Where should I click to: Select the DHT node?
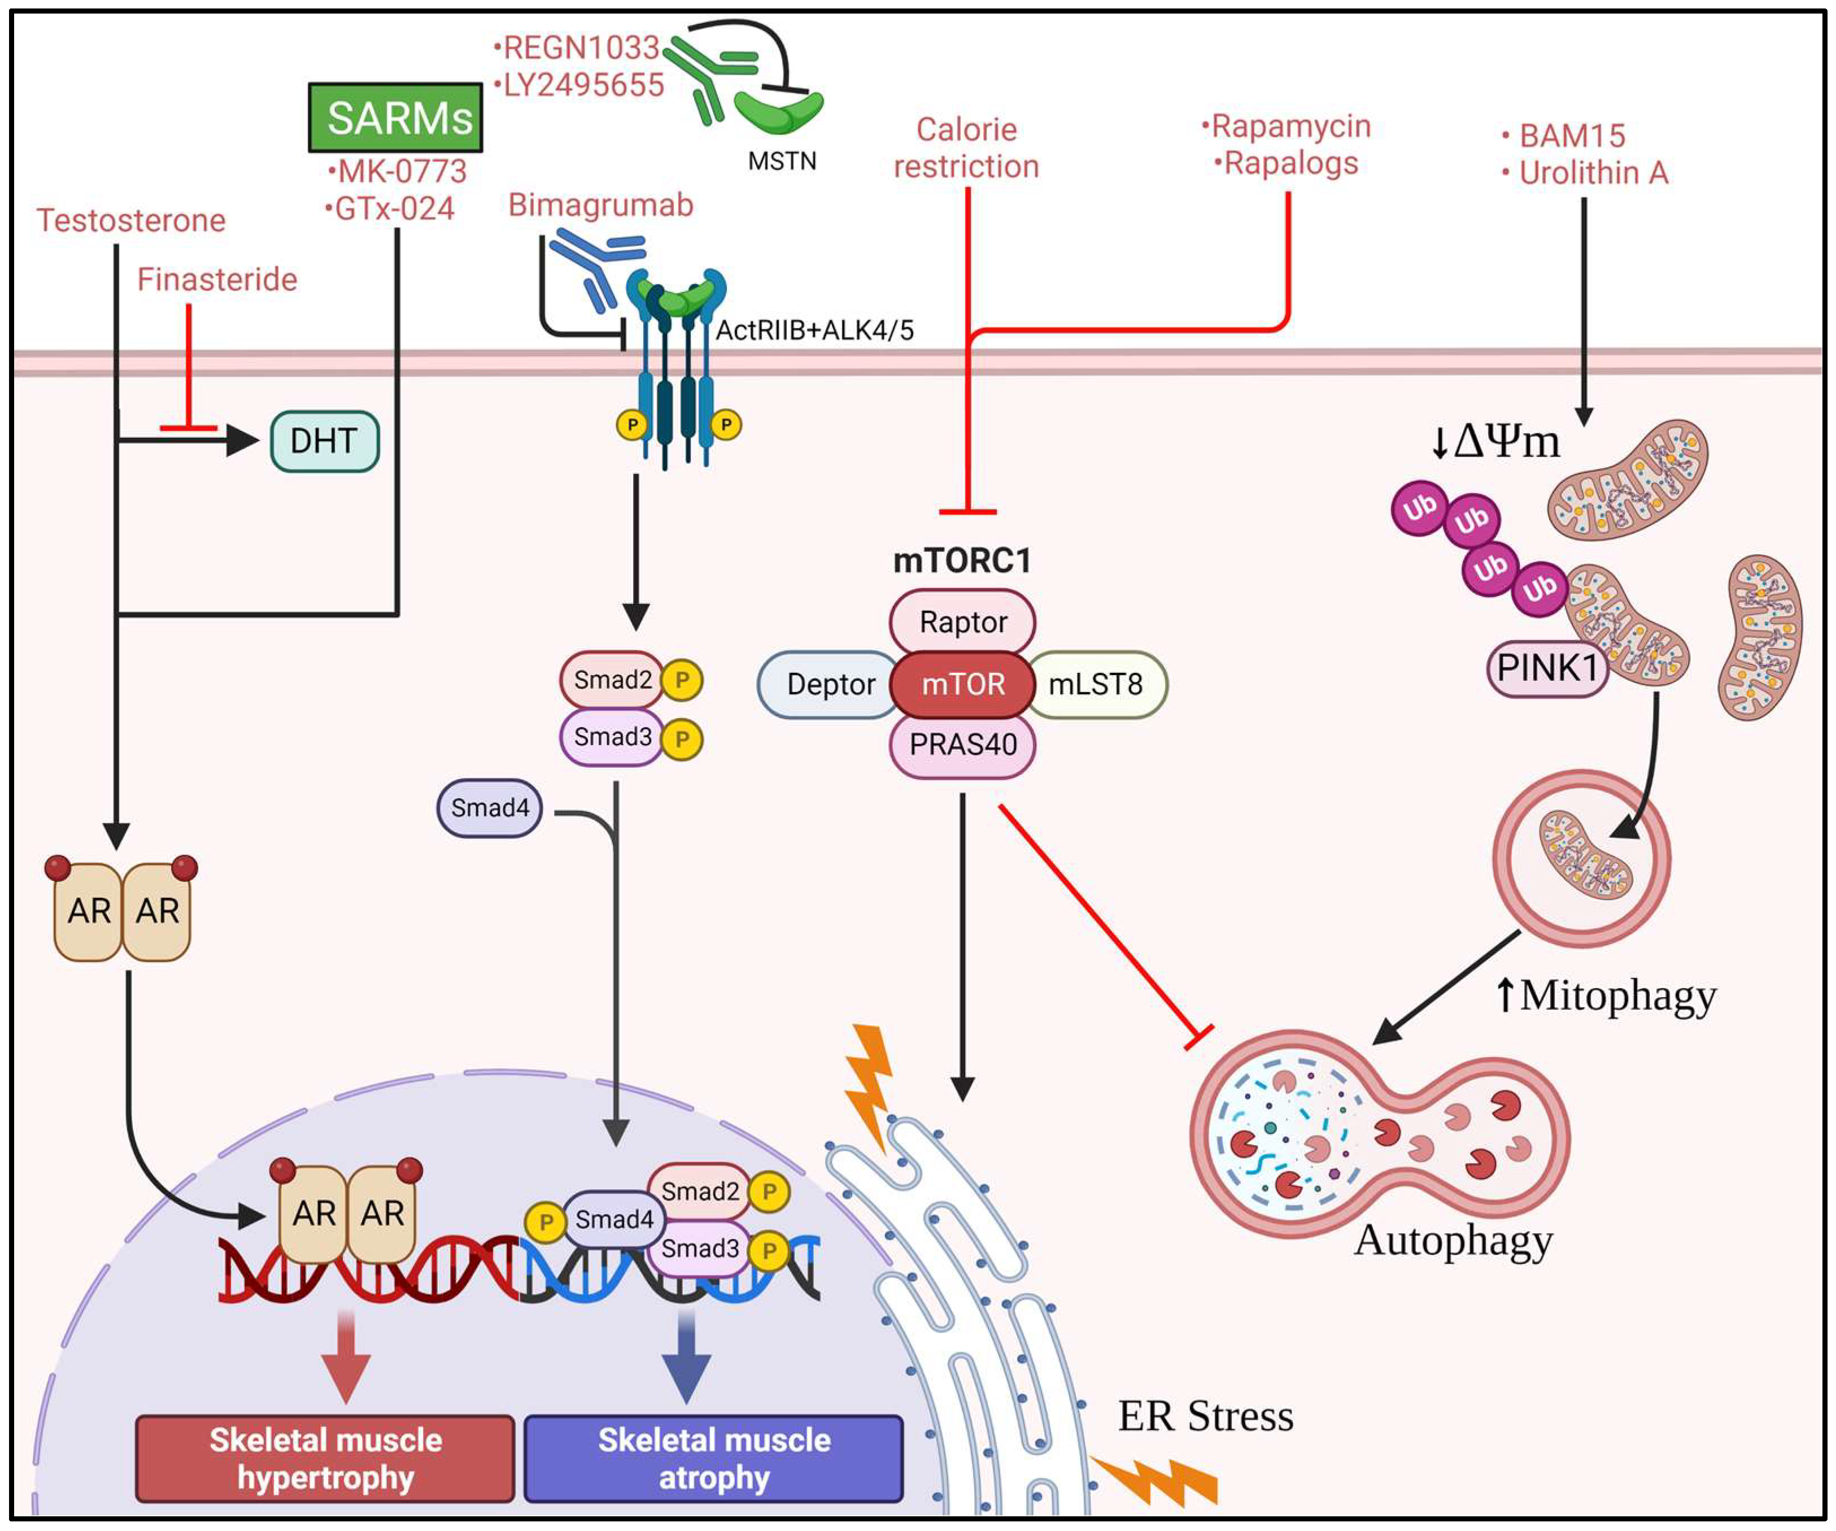coord(324,442)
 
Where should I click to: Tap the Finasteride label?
coord(217,280)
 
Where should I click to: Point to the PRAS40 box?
coord(962,745)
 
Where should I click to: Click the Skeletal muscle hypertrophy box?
coord(325,1459)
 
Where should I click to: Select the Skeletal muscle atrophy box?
coord(713,1459)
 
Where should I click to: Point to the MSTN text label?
coord(782,162)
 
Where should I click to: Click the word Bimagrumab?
coord(601,206)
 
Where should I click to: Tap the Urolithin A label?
coord(1593,173)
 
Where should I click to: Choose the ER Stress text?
coord(1205,1416)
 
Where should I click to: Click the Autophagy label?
coord(1453,1241)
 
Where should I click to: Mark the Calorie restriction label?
coord(966,149)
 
